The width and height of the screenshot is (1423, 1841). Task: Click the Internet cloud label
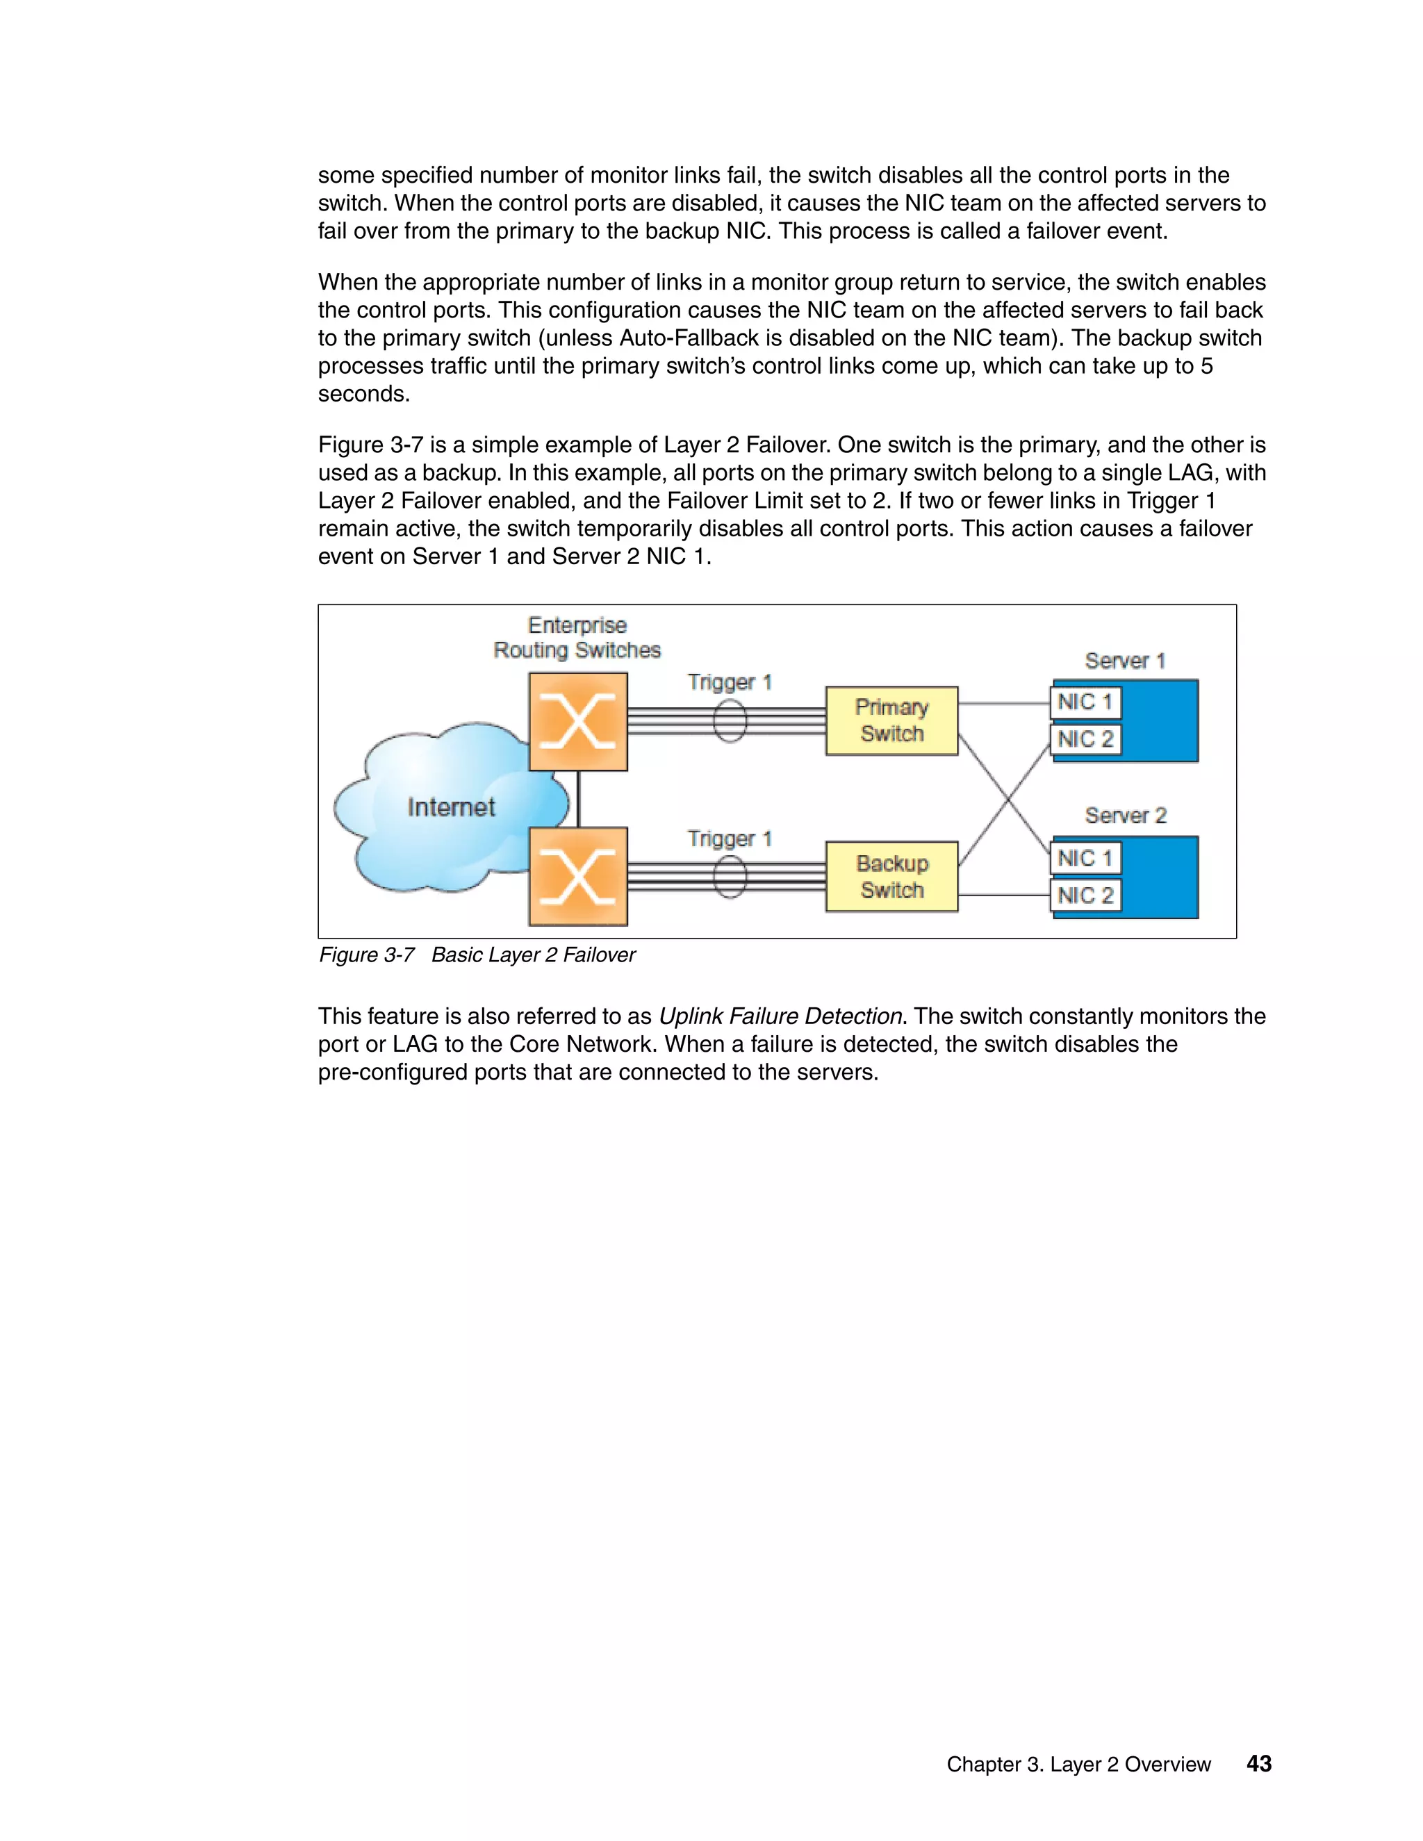click(451, 807)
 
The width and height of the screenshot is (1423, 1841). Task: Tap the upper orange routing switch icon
click(577, 722)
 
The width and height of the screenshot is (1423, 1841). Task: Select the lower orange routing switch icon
click(577, 877)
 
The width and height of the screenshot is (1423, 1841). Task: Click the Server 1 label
click(1125, 661)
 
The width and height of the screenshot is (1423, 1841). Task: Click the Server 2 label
click(1125, 816)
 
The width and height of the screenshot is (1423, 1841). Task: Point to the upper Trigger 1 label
click(729, 682)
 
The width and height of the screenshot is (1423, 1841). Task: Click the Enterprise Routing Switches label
click(577, 638)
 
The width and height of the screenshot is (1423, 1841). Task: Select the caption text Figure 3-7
click(367, 955)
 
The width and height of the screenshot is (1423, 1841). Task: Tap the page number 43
click(1258, 1763)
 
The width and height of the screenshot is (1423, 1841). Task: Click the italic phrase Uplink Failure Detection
click(780, 1016)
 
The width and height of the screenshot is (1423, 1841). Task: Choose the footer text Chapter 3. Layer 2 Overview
click(1078, 1765)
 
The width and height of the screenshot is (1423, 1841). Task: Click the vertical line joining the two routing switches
click(578, 799)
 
